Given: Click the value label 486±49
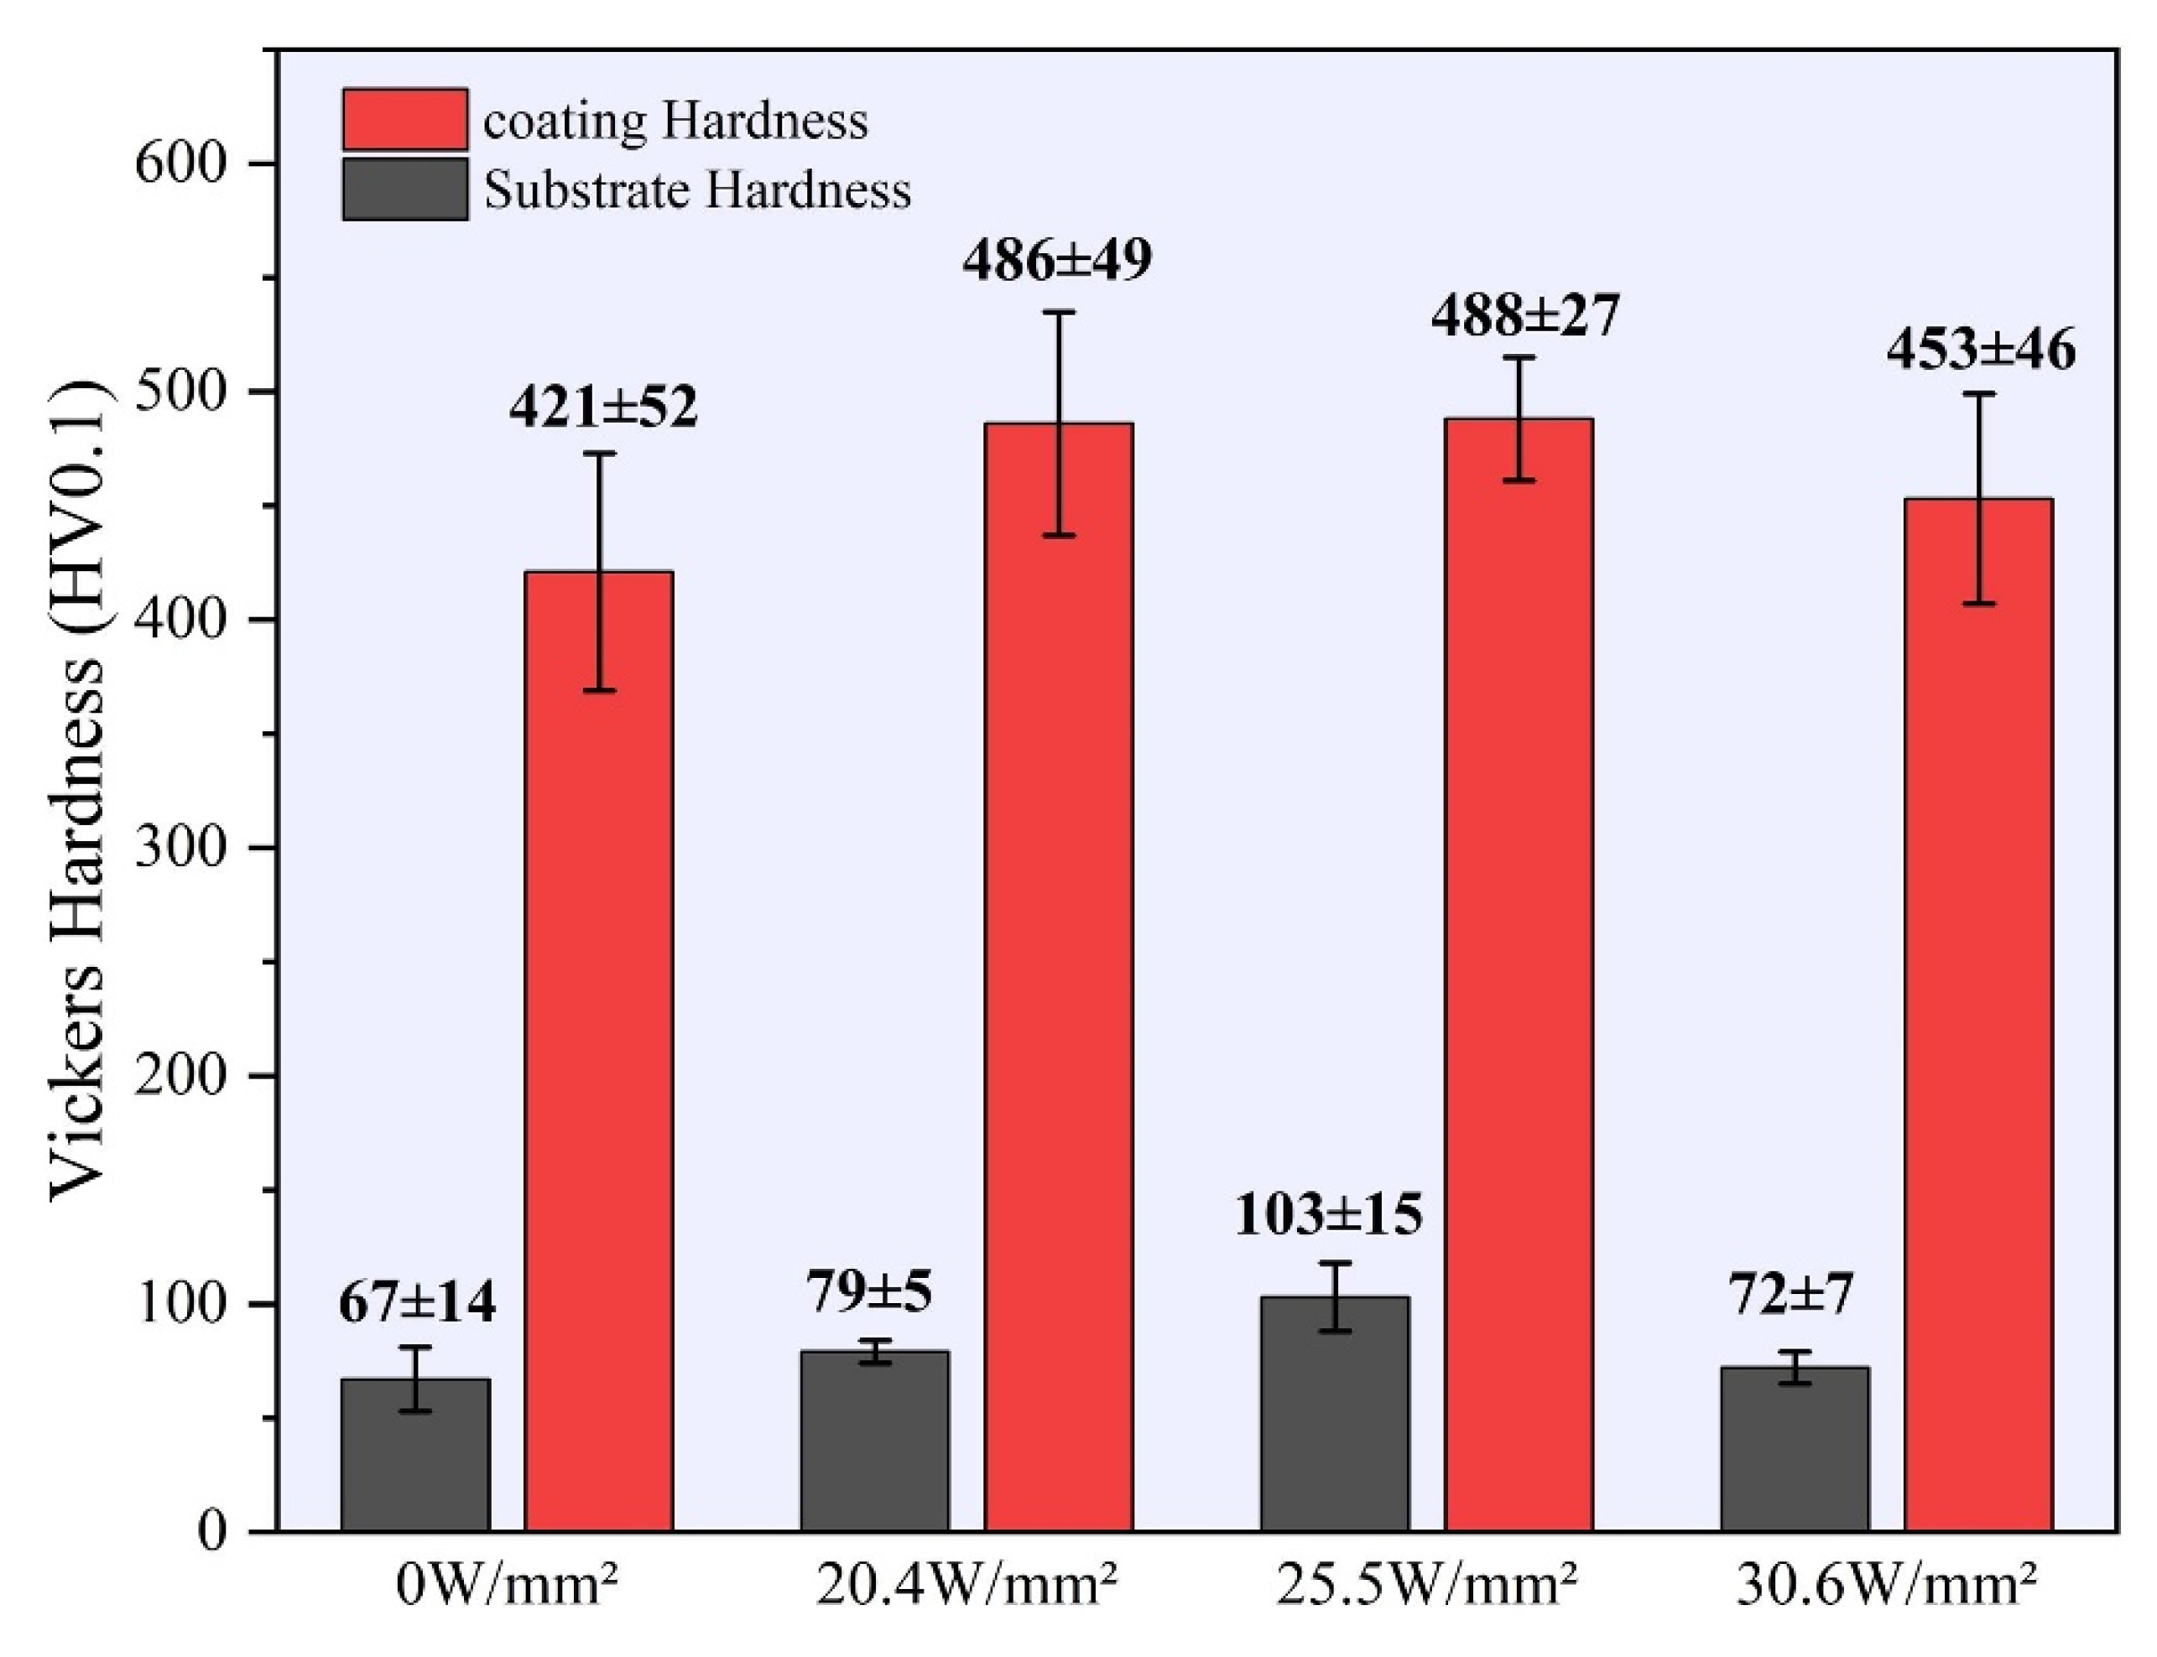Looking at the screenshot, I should tap(1057, 261).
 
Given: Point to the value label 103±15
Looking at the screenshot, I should tap(1328, 1215).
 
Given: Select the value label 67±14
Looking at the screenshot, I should tap(416, 1303).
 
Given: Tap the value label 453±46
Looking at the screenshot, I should tap(1980, 351).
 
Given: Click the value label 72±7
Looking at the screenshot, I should tap(1791, 1293).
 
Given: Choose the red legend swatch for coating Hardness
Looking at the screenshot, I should tap(404, 119).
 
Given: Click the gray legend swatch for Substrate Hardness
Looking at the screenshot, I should tap(404, 190).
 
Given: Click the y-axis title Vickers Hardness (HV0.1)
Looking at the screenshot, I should tap(77, 789).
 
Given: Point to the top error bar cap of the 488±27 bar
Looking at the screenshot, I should tap(1519, 358).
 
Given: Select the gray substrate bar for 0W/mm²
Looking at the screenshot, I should tap(415, 1455).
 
